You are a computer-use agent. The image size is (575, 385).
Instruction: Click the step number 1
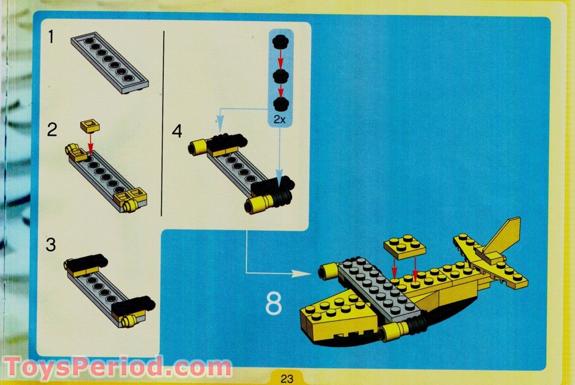click(x=51, y=38)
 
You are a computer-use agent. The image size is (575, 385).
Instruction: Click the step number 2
click(x=52, y=130)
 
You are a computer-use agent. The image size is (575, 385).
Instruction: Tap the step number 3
click(x=52, y=245)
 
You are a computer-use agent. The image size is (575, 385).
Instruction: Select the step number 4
click(x=177, y=131)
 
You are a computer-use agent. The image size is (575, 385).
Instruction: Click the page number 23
click(x=287, y=378)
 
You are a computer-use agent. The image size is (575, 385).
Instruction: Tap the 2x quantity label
click(x=279, y=120)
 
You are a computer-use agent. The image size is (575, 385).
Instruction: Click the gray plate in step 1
click(x=109, y=62)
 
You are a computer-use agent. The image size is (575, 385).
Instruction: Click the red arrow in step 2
click(x=90, y=142)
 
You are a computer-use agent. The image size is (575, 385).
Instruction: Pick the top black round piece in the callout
click(x=279, y=41)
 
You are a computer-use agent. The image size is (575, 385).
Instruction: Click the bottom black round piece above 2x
click(x=279, y=103)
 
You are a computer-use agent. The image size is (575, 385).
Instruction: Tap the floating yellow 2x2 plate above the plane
click(x=405, y=246)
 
